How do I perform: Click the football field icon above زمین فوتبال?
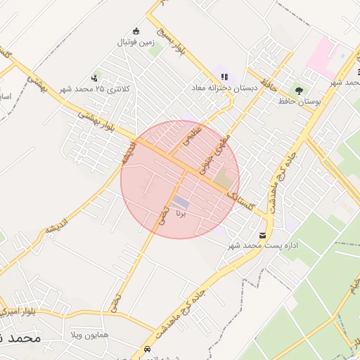(136, 31)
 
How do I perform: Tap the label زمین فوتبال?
(136, 42)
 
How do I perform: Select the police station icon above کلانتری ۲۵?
(94, 78)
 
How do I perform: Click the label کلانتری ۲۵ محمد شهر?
(94, 89)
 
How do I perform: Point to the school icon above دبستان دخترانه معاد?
(224, 77)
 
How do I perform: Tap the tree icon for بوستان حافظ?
(300, 91)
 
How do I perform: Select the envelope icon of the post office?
(263, 234)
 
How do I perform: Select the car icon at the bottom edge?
(147, 349)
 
